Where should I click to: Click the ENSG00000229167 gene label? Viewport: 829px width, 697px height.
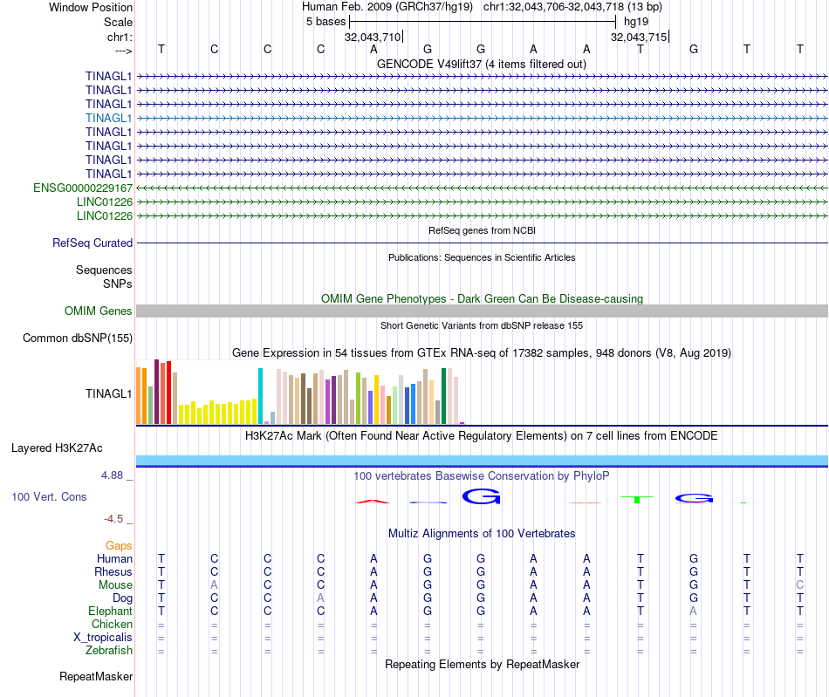click(83, 188)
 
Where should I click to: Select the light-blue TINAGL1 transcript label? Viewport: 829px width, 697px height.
click(109, 118)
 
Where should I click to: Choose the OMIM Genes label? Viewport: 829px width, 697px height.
click(99, 311)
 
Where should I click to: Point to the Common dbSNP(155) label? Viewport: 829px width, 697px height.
click(78, 338)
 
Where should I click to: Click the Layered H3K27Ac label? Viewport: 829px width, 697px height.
click(57, 448)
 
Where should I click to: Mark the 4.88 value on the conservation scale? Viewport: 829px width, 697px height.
click(113, 475)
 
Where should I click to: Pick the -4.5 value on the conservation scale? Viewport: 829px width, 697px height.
click(113, 519)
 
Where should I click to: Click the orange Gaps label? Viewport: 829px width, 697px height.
click(119, 545)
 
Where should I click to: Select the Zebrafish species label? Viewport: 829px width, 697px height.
click(109, 650)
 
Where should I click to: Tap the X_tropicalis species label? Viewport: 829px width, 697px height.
click(103, 637)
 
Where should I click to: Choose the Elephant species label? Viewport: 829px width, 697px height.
click(111, 611)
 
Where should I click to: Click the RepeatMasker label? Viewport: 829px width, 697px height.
click(96, 676)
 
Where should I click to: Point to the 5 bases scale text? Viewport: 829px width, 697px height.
click(325, 21)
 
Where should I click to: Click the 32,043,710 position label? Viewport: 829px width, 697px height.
click(373, 38)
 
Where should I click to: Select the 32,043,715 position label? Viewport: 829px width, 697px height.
click(639, 38)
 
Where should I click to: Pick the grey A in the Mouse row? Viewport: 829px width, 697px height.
click(215, 584)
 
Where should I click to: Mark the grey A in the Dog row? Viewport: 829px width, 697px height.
click(321, 598)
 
